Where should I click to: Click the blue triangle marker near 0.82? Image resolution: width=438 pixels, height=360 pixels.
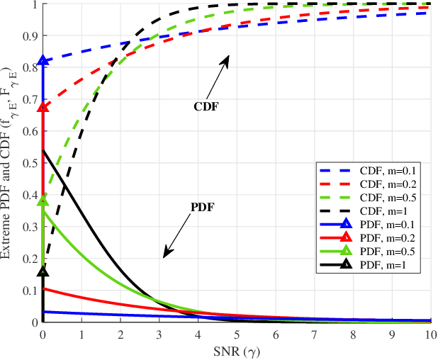click(x=43, y=61)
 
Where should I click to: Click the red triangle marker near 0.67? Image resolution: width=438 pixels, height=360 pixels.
click(x=43, y=107)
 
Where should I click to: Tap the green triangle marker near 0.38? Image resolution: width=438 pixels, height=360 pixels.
click(x=43, y=201)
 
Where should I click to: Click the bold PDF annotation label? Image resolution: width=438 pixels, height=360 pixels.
click(x=203, y=208)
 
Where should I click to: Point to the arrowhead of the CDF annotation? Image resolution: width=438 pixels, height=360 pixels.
click(x=229, y=57)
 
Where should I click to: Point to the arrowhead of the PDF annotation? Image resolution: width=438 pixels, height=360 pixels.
click(x=166, y=255)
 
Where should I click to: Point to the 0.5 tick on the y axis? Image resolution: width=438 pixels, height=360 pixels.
click(x=29, y=163)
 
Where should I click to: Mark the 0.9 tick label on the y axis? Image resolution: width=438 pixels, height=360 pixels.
click(x=29, y=35)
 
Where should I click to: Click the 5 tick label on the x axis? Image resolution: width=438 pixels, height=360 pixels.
click(x=236, y=333)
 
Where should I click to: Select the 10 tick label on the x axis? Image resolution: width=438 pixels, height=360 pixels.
click(x=429, y=333)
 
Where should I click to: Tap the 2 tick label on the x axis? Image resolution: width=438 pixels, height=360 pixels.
click(x=120, y=333)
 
